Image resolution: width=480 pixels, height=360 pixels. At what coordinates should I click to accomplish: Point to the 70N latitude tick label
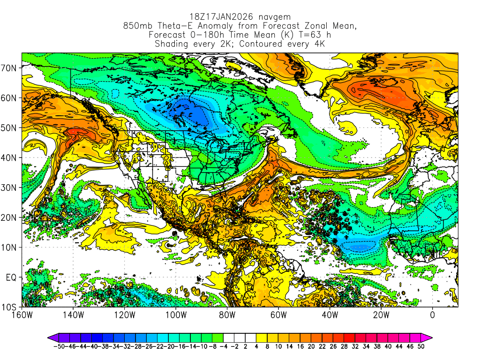9,68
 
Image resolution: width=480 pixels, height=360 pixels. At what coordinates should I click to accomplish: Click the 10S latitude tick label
9,307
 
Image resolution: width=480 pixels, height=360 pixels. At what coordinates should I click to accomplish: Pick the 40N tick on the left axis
9,157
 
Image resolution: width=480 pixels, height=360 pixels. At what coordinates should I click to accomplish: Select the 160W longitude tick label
22,315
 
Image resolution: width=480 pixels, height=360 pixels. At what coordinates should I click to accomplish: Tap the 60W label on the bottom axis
278,315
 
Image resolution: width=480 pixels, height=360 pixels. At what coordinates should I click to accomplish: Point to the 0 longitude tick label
432,315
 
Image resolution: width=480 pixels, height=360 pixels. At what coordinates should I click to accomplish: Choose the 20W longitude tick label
381,315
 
